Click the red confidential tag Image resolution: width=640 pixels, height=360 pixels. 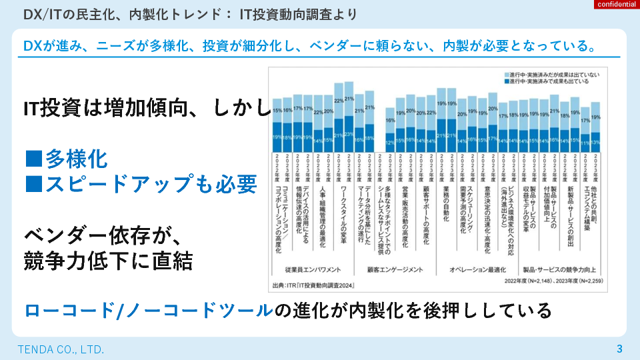(615, 5)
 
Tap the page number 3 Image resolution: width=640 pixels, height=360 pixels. (619, 349)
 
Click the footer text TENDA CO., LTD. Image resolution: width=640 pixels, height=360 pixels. (61, 349)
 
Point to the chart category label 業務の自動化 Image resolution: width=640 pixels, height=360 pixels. (446, 204)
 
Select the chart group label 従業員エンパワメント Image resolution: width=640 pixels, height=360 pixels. (313, 270)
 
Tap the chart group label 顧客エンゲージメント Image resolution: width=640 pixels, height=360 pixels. (395, 270)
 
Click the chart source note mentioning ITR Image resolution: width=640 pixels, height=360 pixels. (314, 285)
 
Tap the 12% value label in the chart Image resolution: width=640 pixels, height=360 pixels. (391, 142)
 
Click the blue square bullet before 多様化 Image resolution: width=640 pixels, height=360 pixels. (34, 159)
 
